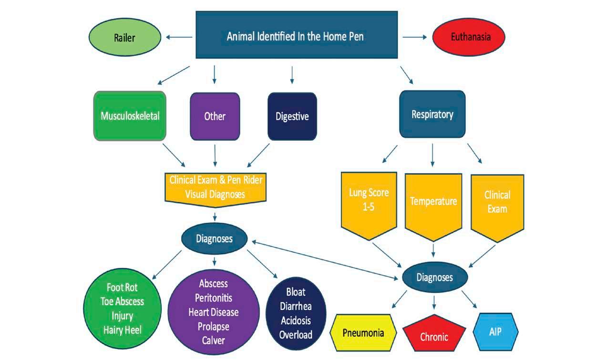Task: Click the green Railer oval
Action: coord(124,38)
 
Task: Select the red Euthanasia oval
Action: coord(468,37)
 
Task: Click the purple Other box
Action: coord(215,116)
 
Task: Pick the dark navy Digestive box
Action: coord(292,116)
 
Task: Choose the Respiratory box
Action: coord(432,114)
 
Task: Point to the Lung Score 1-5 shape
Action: coord(369,203)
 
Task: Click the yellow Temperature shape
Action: coord(433,203)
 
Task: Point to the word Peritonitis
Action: coord(213,298)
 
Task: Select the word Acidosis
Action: coord(296,319)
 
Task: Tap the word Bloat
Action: coord(296,291)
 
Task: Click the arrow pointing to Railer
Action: coord(177,37)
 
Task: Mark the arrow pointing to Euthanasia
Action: coord(414,37)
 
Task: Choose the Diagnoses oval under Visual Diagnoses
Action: coord(214,238)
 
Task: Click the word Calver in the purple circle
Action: coord(213,340)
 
